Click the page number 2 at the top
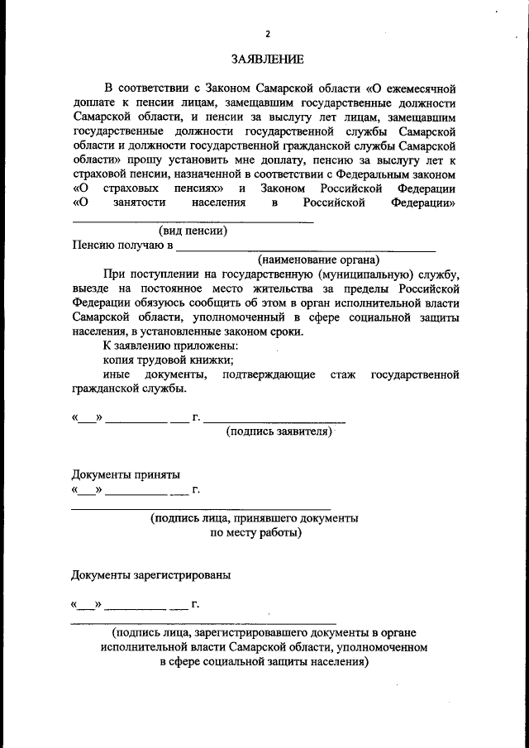click(x=267, y=34)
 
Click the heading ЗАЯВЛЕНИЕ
click(x=267, y=60)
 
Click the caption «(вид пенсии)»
click(x=193, y=231)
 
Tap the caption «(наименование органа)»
click(x=318, y=260)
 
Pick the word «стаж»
click(x=343, y=374)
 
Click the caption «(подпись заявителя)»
click(x=279, y=431)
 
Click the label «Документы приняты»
click(x=125, y=474)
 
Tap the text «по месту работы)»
click(x=255, y=533)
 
